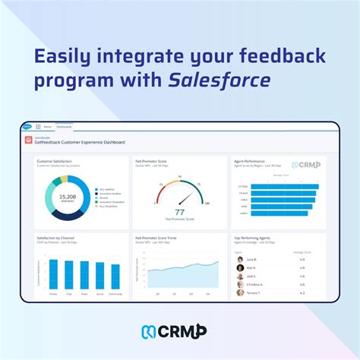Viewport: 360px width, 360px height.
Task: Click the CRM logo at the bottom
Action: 179,331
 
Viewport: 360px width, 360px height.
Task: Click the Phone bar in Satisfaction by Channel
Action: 53,273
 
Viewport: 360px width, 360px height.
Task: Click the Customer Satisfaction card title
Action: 55,161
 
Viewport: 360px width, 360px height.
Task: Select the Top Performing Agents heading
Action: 255,238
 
